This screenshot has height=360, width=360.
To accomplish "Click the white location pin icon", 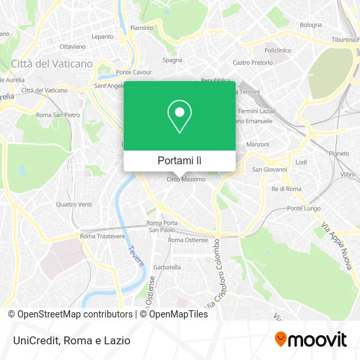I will pos(179,117).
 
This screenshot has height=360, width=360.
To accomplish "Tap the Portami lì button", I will pos(179,160).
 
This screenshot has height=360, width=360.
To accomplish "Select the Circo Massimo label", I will pos(186,179).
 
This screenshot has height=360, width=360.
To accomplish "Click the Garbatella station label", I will pos(167,267).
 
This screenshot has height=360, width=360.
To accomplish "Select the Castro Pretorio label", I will pos(251,62).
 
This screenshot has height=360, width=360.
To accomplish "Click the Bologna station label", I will pos(311,25).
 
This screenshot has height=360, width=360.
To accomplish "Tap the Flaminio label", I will pos(141,28).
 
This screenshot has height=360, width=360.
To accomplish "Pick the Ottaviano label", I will pos(73,46).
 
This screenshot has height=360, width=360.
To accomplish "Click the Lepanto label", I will pos(103,37).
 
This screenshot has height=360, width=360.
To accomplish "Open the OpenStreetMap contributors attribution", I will pos(73,314).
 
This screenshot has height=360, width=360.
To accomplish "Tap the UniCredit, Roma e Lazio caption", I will pos(69,340).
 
